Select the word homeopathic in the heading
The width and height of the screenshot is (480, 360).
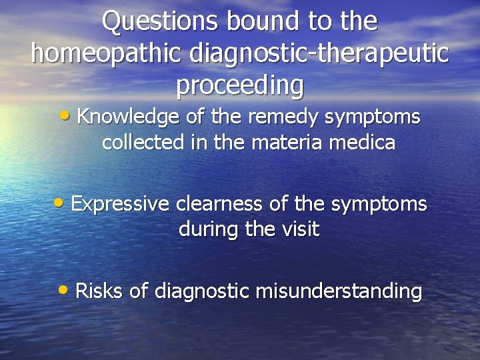(107, 53)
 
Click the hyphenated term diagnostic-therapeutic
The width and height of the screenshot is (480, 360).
(319, 53)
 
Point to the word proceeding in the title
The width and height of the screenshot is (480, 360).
(239, 85)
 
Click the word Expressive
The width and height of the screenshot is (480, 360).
(119, 204)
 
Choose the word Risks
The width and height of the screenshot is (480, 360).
(97, 291)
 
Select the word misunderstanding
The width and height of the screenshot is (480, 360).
(339, 291)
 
